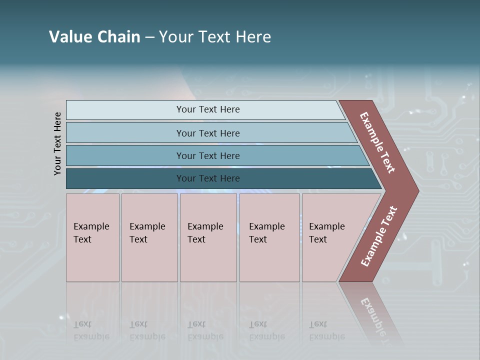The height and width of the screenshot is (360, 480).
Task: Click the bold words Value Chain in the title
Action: (x=94, y=37)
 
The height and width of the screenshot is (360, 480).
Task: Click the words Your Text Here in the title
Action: (x=215, y=37)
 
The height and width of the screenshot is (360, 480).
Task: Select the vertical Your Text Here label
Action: (x=57, y=143)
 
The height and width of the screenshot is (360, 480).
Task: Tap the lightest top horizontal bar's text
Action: (x=208, y=109)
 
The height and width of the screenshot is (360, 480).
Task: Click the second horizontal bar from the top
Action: (x=208, y=133)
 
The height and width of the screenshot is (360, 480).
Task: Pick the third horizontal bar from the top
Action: (x=208, y=155)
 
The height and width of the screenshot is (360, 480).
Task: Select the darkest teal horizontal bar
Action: (x=208, y=178)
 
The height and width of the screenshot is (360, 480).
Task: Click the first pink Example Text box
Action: (x=92, y=237)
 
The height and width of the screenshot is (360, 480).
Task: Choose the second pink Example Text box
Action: (x=149, y=237)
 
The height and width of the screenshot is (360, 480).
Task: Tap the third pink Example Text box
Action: (x=207, y=237)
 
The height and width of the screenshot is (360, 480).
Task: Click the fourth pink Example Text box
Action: (x=269, y=237)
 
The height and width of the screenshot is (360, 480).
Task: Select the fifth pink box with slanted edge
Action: (x=330, y=237)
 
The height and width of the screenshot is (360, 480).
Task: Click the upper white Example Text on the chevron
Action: (x=377, y=142)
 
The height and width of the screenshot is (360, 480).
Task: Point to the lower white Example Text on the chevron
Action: (x=379, y=236)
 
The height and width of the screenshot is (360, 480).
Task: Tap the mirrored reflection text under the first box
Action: (x=91, y=330)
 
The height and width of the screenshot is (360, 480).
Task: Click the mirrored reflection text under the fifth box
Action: (x=326, y=330)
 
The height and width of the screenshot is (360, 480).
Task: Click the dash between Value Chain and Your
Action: (x=149, y=37)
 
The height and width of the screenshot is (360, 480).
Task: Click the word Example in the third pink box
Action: (x=205, y=226)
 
